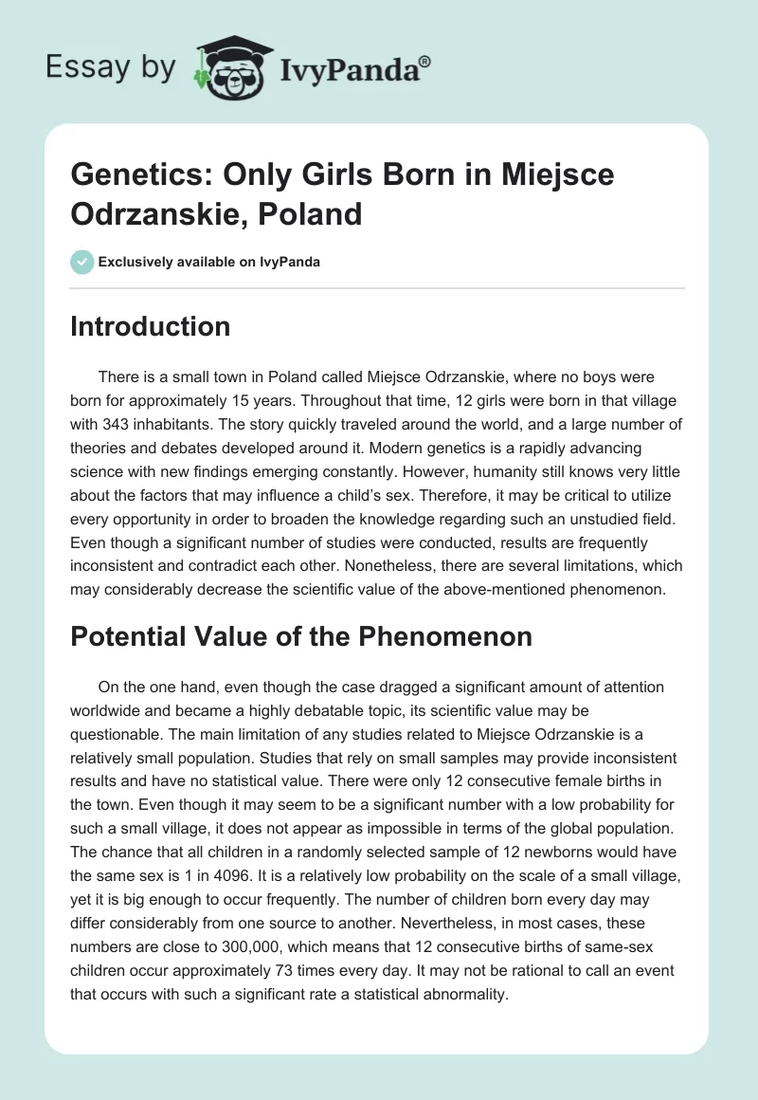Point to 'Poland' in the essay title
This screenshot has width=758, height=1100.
pyautogui.click(x=315, y=214)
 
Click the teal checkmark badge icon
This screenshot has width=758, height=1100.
pyautogui.click(x=81, y=262)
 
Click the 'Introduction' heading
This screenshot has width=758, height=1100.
pyautogui.click(x=150, y=326)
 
